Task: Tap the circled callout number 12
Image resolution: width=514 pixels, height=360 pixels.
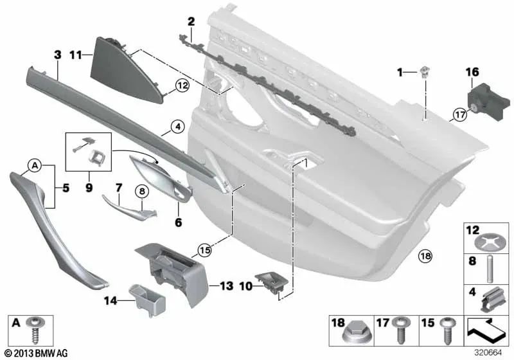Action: pyautogui.click(x=182, y=85)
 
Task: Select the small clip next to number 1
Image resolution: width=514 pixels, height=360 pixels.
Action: pyautogui.click(x=425, y=73)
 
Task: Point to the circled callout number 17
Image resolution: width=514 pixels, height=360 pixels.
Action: pyautogui.click(x=459, y=116)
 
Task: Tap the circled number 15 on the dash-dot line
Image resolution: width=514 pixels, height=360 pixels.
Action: pyautogui.click(x=205, y=249)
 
